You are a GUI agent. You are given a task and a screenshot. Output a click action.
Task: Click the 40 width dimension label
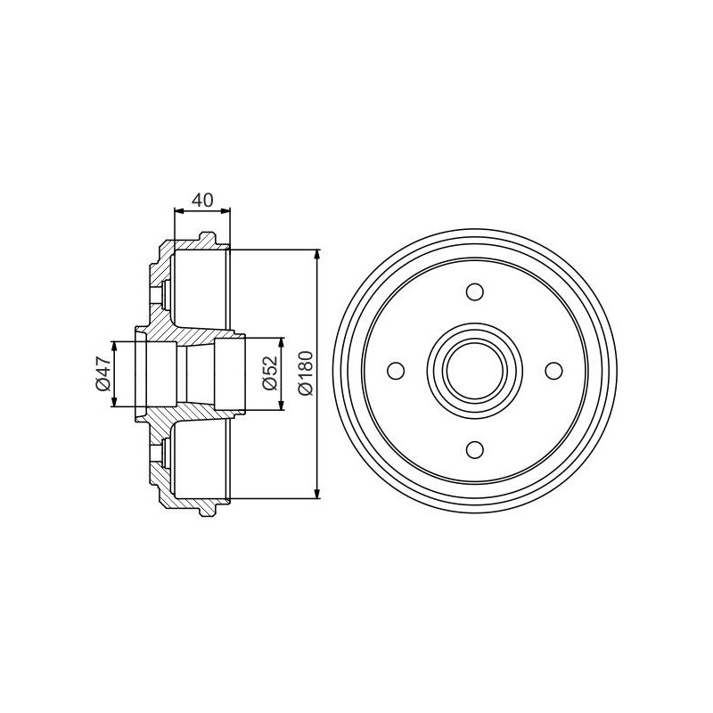[202, 200]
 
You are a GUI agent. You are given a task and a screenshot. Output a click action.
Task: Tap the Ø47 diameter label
[103, 373]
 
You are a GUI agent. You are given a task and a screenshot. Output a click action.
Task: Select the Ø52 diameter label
[270, 373]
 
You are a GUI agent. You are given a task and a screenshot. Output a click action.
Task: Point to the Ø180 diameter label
[305, 373]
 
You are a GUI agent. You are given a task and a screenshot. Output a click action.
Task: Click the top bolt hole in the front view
[475, 292]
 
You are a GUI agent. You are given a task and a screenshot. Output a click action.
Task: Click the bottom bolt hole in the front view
[475, 450]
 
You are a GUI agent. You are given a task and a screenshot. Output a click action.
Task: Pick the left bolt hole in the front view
[396, 371]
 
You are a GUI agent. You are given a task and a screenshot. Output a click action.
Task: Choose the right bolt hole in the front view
[553, 371]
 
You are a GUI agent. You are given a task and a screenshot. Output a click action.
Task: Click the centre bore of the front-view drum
[475, 371]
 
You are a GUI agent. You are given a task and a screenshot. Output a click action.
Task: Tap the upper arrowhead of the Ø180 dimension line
[317, 255]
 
